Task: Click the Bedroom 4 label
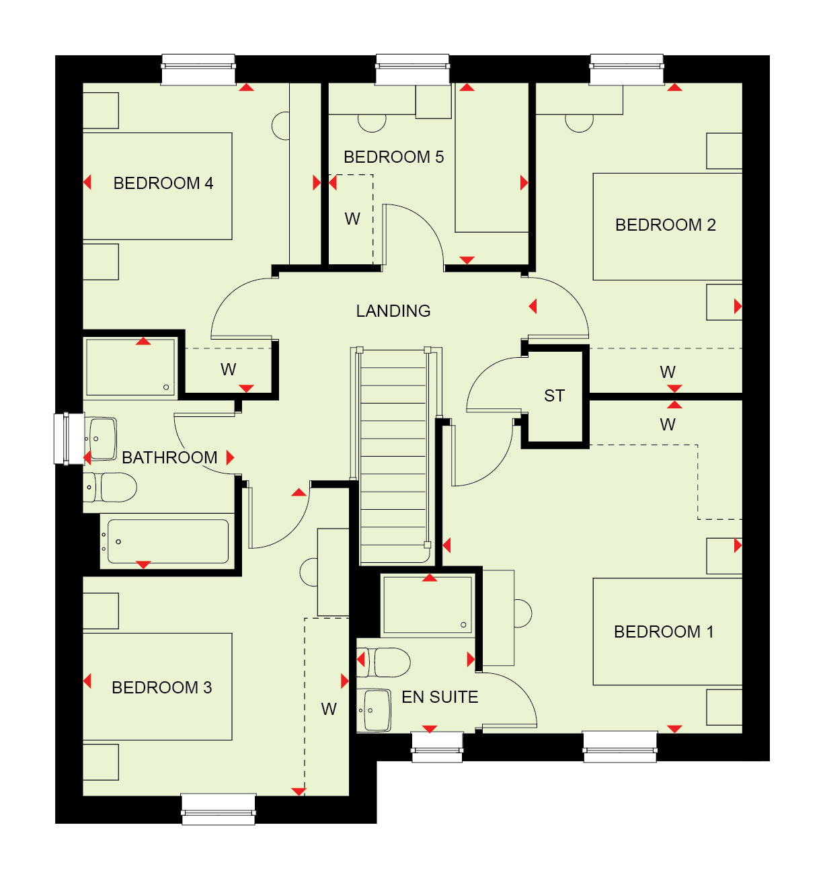(163, 183)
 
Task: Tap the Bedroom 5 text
(393, 157)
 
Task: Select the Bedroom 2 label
(665, 225)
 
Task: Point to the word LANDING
(393, 311)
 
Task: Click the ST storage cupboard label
(554, 395)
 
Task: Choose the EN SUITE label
(440, 697)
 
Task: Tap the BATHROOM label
(169, 457)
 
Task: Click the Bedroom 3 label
(161, 687)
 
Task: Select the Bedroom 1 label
(664, 632)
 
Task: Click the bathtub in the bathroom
(167, 541)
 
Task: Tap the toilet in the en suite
(383, 662)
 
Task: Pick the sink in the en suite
(374, 710)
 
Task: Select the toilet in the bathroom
(110, 488)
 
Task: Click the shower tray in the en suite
(428, 605)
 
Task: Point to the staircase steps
(393, 456)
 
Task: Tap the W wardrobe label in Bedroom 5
(352, 219)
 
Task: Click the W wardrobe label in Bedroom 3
(329, 709)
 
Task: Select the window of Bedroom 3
(219, 808)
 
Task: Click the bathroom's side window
(69, 439)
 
